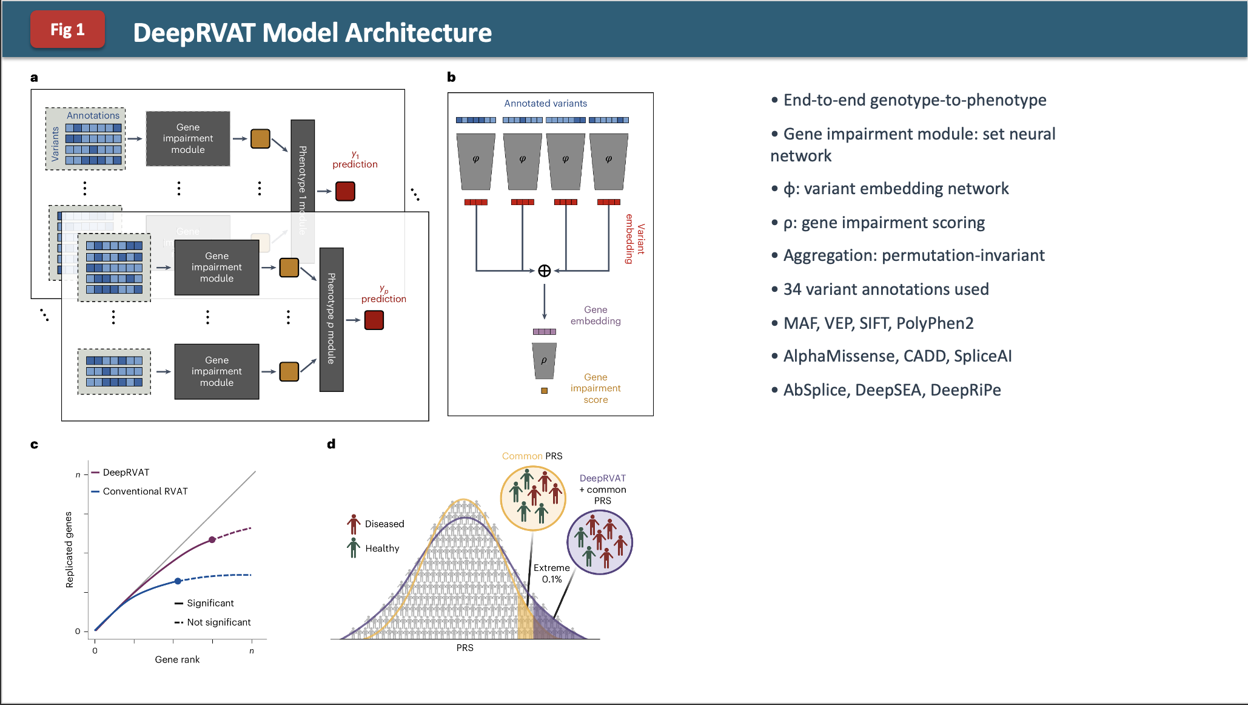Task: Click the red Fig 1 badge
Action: click(67, 29)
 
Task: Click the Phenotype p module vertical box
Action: click(331, 319)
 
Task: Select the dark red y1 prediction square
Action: click(345, 191)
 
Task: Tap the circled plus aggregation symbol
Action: click(544, 271)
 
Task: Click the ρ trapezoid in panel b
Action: click(544, 360)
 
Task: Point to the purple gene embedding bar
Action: click(544, 331)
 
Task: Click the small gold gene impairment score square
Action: click(544, 391)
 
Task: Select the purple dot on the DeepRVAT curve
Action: click(212, 539)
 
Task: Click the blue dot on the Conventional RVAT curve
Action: click(178, 581)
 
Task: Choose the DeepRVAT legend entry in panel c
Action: click(126, 472)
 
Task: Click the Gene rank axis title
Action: click(177, 659)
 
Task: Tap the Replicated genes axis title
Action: click(69, 550)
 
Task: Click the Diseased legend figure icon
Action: click(354, 524)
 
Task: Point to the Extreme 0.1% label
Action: click(551, 573)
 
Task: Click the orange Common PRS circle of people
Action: click(532, 498)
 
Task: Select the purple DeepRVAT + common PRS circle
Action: click(599, 542)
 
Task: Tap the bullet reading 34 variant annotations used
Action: click(885, 289)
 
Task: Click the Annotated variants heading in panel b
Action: click(545, 103)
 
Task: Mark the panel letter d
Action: click(331, 444)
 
